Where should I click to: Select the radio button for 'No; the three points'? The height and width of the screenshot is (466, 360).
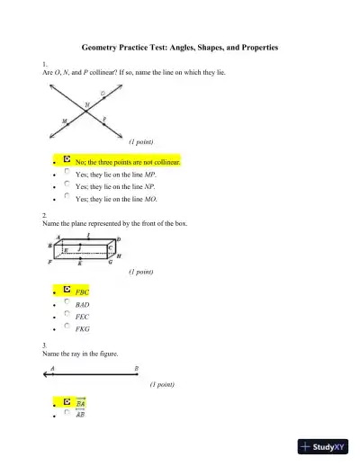click(67, 160)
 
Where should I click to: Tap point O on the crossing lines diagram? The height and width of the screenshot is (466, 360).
click(103, 96)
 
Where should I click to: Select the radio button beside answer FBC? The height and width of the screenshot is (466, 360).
click(67, 291)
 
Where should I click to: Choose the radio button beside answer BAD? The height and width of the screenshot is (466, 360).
click(67, 303)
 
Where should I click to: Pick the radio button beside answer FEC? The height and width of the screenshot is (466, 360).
click(67, 316)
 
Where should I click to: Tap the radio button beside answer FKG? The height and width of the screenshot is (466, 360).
click(67, 328)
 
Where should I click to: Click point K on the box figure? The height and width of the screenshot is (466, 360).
click(81, 261)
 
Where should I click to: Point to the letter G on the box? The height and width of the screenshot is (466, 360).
click(110, 263)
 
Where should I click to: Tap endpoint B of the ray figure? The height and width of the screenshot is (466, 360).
click(136, 373)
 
